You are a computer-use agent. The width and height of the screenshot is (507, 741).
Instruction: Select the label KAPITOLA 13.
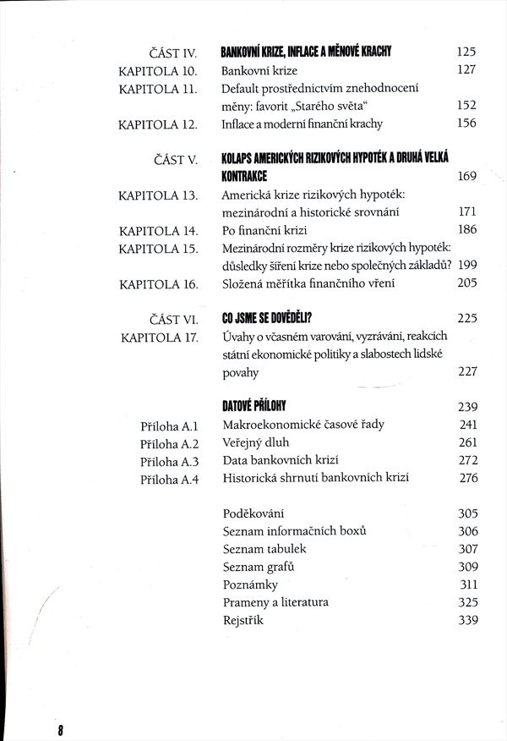158,196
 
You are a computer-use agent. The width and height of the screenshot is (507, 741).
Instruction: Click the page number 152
466,106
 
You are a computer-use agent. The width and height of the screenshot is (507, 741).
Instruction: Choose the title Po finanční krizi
268,231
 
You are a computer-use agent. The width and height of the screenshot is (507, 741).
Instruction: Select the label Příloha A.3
169,461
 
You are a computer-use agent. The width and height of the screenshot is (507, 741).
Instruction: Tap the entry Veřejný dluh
257,443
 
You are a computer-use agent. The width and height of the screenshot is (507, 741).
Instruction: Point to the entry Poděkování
253,513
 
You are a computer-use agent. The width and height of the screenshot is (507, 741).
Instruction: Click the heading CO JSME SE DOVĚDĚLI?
267,319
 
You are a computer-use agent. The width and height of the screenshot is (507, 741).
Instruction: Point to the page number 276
466,479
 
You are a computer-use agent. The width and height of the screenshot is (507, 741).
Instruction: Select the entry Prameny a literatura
275,602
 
